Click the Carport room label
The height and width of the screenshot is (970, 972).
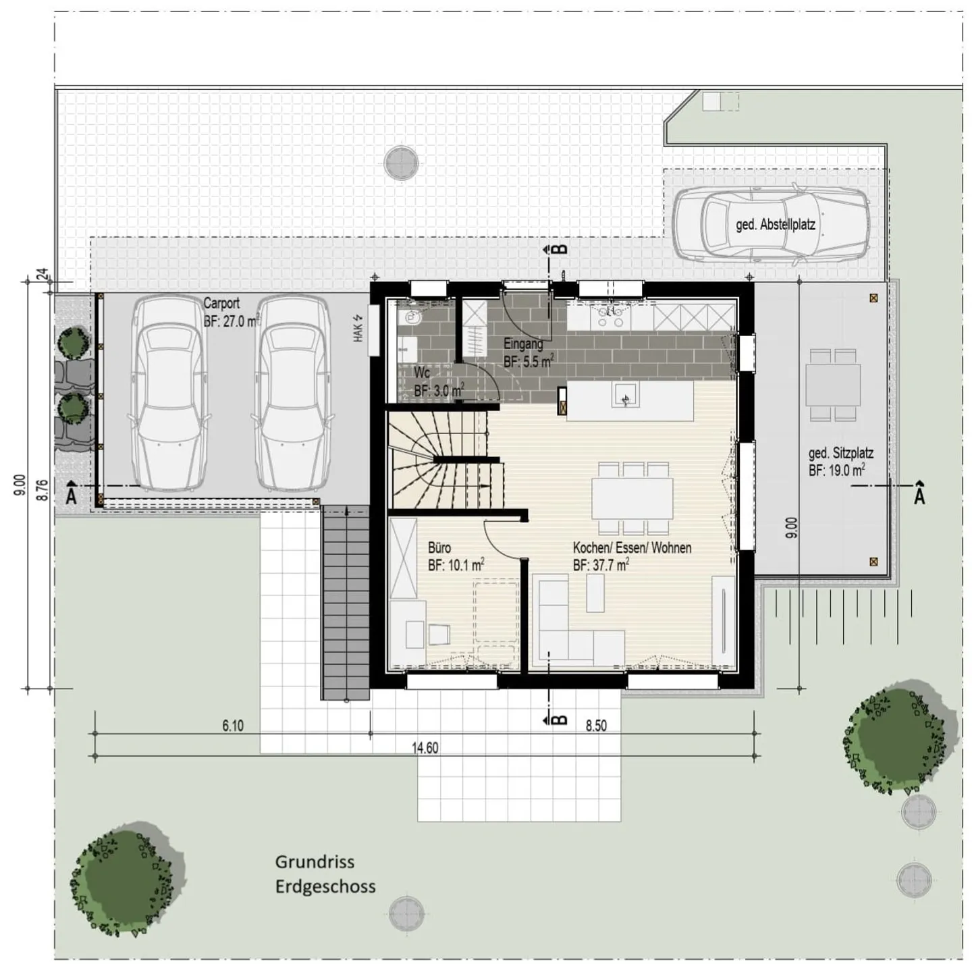click(221, 304)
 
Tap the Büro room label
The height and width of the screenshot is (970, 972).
click(439, 548)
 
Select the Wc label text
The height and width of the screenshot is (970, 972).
click(422, 373)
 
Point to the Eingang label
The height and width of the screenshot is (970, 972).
click(523, 344)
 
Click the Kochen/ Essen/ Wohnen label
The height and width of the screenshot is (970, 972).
click(632, 548)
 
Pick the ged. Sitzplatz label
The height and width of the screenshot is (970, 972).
click(840, 453)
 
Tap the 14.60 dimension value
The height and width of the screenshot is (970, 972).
click(425, 748)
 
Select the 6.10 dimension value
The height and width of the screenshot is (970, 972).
click(233, 726)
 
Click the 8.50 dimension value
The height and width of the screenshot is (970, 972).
click(596, 726)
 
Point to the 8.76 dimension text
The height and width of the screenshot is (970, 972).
click(43, 489)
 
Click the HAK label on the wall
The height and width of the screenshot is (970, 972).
click(358, 328)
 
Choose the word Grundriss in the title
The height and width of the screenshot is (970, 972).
click(315, 862)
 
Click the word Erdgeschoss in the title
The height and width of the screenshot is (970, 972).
click(325, 886)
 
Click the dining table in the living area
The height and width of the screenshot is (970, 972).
click(632, 497)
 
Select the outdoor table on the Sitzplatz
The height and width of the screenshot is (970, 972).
click(833, 385)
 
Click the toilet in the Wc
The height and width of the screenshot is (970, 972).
click(410, 316)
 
